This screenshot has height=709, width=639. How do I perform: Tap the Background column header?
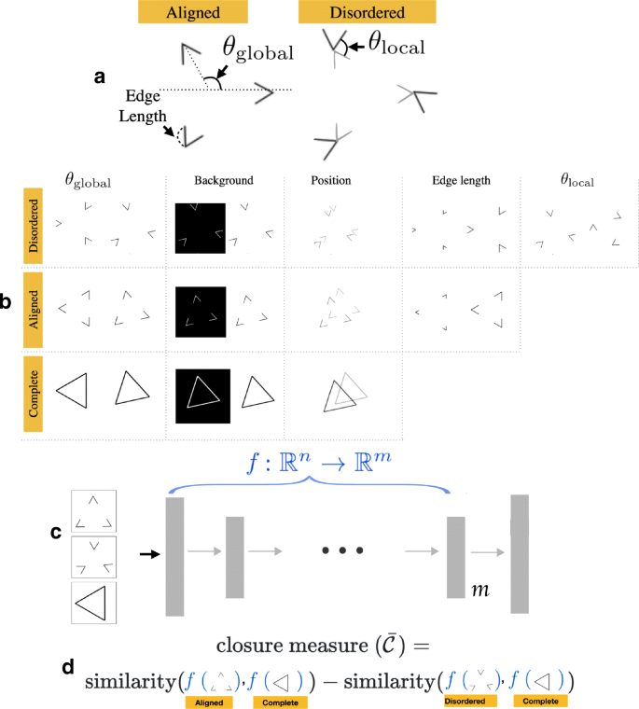[224, 179]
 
